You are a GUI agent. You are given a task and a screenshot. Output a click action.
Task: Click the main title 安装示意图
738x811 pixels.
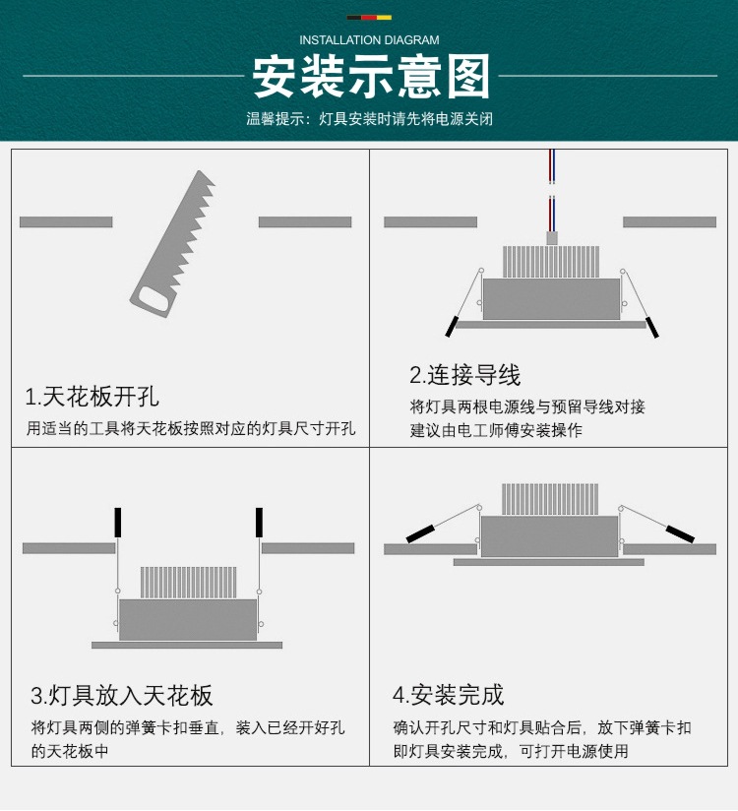(x=370, y=77)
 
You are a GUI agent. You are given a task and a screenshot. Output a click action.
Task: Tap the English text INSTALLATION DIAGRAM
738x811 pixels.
(x=369, y=40)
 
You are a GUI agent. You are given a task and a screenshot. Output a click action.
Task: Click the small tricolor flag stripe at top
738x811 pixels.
(x=369, y=17)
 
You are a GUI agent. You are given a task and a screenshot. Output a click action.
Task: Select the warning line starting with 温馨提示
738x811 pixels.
(x=369, y=119)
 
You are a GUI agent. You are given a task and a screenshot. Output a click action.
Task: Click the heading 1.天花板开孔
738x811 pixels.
(x=92, y=398)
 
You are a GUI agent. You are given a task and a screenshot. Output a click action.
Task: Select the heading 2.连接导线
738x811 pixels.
(x=464, y=375)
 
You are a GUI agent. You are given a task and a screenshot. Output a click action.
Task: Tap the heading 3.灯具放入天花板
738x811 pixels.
(x=122, y=696)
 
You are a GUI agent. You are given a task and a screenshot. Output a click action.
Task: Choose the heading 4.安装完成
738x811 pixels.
(x=448, y=695)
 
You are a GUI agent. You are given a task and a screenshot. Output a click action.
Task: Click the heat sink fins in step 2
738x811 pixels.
(x=551, y=262)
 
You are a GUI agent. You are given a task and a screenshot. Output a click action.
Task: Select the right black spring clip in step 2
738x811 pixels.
(x=651, y=326)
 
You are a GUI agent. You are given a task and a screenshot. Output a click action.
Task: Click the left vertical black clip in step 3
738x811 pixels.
(x=118, y=522)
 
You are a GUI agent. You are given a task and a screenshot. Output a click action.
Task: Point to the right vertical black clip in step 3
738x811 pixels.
(x=260, y=522)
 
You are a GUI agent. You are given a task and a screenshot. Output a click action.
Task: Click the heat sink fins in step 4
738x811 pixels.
(x=550, y=499)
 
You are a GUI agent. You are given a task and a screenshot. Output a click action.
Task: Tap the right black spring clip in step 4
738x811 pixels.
(x=679, y=532)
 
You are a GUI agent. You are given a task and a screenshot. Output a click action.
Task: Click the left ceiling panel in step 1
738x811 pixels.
(x=66, y=222)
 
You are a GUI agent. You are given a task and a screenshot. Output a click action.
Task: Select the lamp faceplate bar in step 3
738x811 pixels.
(x=187, y=645)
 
